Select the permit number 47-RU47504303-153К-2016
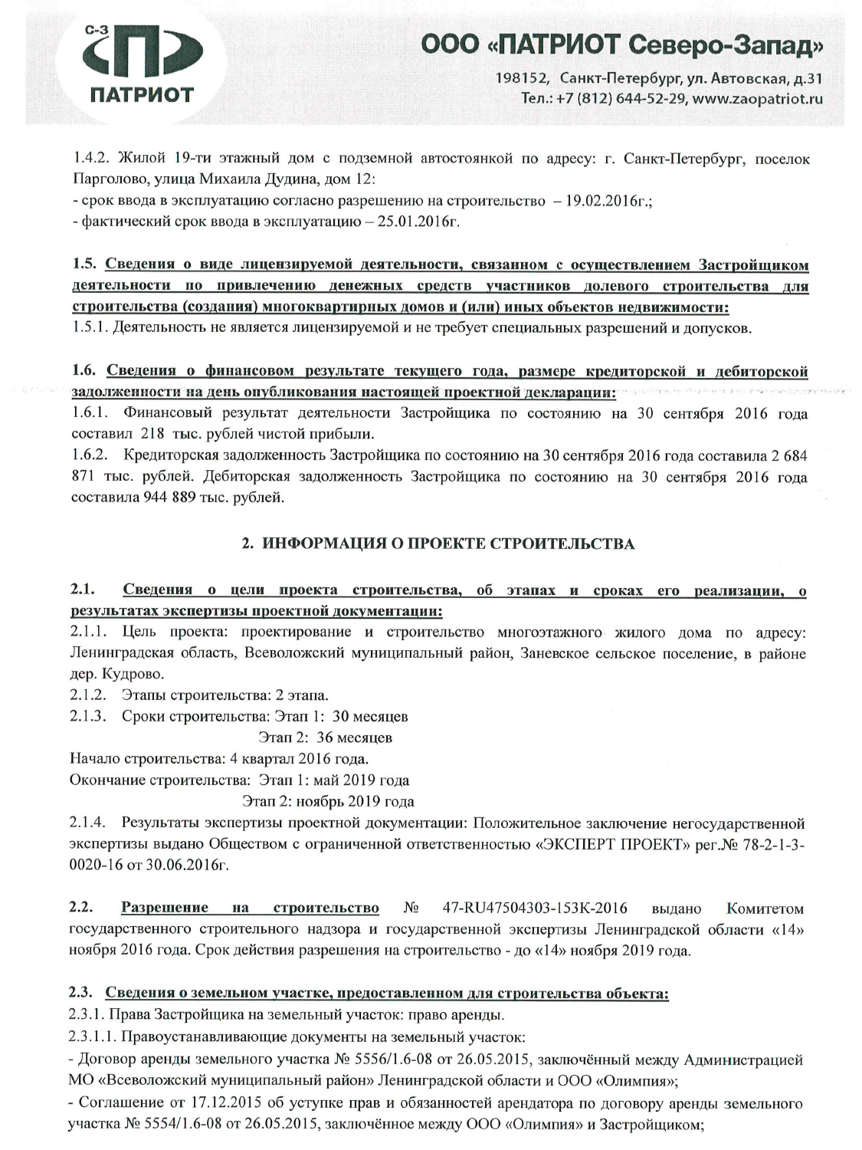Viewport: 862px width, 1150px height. click(536, 909)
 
